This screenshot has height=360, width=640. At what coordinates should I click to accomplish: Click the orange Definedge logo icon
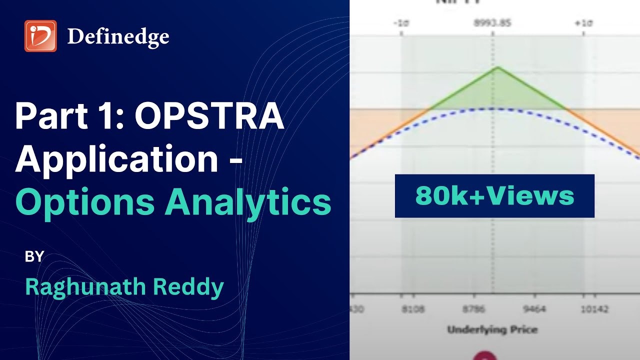point(40,36)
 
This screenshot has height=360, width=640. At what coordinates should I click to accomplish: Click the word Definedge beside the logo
point(118,36)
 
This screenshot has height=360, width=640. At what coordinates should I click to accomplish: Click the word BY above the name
point(34,257)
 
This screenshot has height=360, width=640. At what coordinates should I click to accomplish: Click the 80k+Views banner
point(494,196)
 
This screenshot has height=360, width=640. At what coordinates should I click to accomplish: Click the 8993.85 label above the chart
point(493,23)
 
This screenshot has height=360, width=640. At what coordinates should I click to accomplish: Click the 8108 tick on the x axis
point(413,309)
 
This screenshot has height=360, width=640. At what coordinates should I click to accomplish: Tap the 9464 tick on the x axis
point(534,309)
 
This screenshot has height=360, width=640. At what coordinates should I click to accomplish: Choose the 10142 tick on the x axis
point(594,309)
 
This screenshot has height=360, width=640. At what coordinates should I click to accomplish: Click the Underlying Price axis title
point(492,329)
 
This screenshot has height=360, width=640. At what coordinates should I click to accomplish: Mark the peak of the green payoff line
point(496,67)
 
